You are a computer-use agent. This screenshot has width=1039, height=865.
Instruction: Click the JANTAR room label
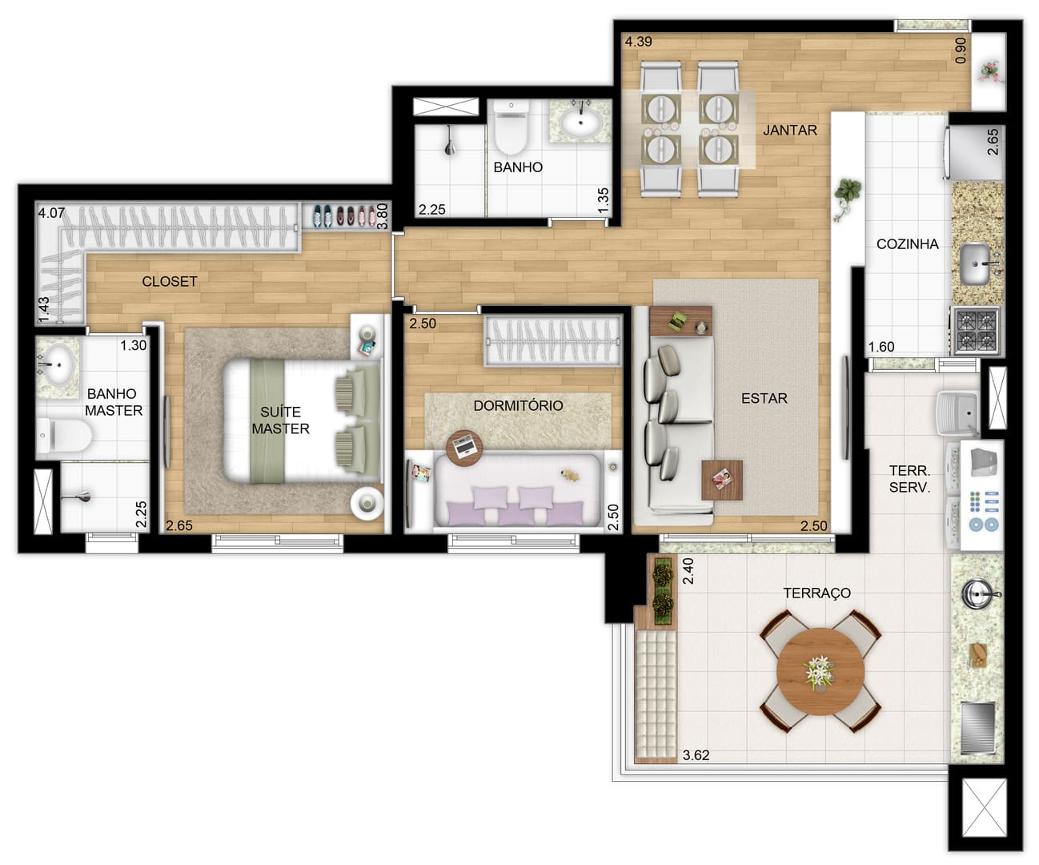click(x=790, y=131)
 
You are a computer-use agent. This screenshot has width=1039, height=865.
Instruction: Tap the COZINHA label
click(x=907, y=244)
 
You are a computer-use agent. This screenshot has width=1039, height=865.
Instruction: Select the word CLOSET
click(x=169, y=281)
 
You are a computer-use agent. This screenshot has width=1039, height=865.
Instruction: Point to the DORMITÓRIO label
click(x=518, y=405)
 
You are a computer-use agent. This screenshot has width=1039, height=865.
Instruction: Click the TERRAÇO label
click(x=816, y=593)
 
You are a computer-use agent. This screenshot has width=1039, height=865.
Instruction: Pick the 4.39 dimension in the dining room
click(x=639, y=42)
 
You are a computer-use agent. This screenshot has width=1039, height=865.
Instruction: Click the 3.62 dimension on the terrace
click(x=696, y=755)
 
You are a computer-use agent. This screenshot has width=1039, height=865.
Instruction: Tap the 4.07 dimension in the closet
click(x=51, y=213)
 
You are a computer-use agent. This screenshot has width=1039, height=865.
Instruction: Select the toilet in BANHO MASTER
click(x=65, y=435)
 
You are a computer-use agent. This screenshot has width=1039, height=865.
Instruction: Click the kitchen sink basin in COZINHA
click(x=975, y=264)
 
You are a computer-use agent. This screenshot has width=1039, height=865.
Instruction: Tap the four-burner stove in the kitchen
click(x=975, y=331)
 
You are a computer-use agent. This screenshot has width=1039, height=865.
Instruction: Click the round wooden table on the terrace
click(x=820, y=671)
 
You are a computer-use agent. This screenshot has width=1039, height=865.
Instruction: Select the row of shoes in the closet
click(x=344, y=216)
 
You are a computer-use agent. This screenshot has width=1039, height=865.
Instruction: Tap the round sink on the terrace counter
click(x=977, y=593)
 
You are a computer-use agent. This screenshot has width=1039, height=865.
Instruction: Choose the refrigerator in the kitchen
click(x=973, y=152)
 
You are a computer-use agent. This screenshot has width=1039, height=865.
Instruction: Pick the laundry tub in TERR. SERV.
click(x=958, y=412)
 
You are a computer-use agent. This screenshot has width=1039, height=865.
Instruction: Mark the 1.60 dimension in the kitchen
click(x=881, y=347)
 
